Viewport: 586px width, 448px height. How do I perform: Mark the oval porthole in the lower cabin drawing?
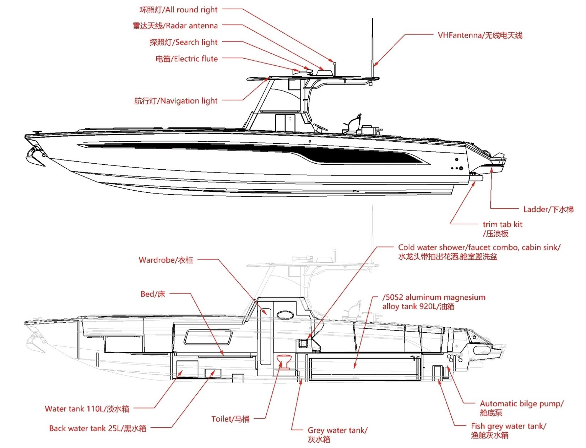pos(285,315)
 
